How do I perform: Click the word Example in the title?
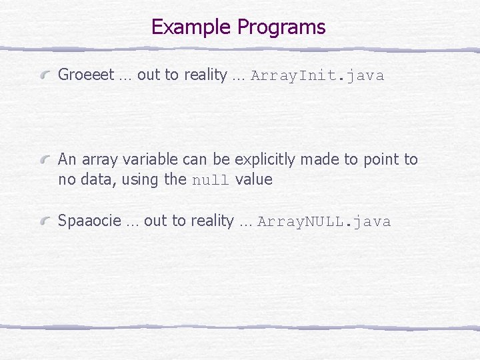coord(191,27)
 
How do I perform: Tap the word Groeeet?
coord(86,75)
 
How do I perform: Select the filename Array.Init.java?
coord(317,75)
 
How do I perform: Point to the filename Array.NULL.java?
coord(324,221)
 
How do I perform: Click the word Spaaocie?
coord(89,221)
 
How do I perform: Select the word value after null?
coord(254,179)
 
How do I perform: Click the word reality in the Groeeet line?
coord(205,75)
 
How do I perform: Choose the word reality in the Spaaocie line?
coord(211,221)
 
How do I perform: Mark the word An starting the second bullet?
coord(67,159)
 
